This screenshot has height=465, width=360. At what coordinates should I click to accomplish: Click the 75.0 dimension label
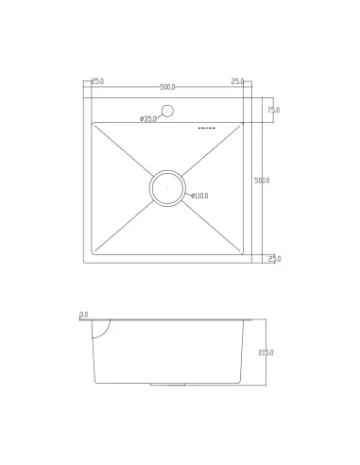click(273, 110)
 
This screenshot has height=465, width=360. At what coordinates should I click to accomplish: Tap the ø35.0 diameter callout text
click(148, 119)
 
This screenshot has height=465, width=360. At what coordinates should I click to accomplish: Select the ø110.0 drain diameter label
click(199, 196)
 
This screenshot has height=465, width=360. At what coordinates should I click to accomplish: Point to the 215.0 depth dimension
click(266, 353)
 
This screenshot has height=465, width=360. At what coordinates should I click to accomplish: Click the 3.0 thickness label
click(84, 315)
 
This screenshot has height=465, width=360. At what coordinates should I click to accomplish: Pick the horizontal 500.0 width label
click(167, 87)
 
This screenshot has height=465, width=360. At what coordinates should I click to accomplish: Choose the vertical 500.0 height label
click(262, 181)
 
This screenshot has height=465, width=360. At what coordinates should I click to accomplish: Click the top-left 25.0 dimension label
click(97, 81)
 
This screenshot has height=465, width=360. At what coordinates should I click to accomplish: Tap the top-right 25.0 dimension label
click(237, 81)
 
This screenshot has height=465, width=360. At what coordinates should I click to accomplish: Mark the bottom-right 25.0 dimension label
click(275, 259)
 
